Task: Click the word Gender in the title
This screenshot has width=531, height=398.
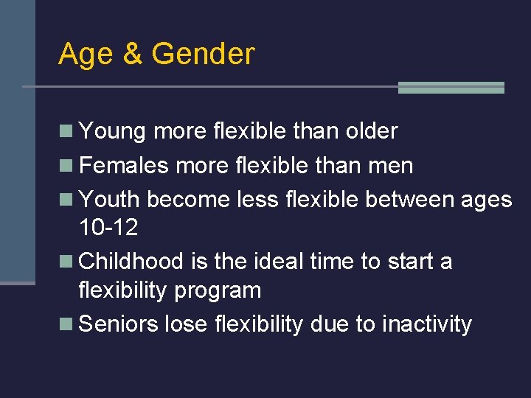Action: (203, 55)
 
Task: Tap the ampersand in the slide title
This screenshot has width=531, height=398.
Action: (133, 55)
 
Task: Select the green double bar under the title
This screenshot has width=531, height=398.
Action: (451, 87)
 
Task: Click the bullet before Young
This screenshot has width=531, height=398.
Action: (66, 131)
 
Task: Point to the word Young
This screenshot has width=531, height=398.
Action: (112, 132)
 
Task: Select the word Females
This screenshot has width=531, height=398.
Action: (124, 165)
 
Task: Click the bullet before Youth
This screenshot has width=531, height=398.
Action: (66, 199)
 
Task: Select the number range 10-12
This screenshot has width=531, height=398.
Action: (108, 228)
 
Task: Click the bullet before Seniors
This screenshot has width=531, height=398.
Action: (66, 324)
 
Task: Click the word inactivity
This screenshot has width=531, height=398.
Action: (426, 324)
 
